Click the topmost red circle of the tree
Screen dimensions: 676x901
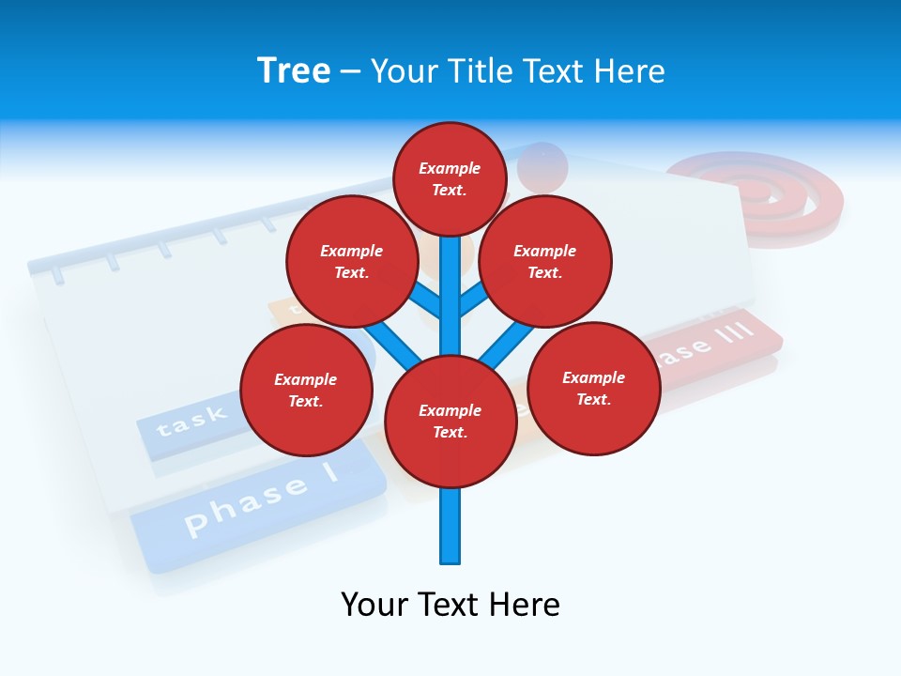[450, 178]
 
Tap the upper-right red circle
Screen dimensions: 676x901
[545, 261]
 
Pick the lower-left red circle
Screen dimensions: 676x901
[306, 390]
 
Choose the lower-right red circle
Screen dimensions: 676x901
[593, 388]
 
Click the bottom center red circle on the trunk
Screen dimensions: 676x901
[450, 421]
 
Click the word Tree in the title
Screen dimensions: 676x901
[294, 70]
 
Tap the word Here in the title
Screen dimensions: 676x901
[630, 71]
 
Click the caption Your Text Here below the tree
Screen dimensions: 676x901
[450, 604]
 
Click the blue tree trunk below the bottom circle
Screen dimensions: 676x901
[450, 526]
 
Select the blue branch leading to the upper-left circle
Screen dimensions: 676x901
[424, 300]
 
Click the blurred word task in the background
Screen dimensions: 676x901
[191, 421]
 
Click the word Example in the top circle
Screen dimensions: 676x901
[450, 168]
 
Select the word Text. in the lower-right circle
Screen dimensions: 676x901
[593, 399]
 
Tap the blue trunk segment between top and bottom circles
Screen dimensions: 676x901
[450, 300]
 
